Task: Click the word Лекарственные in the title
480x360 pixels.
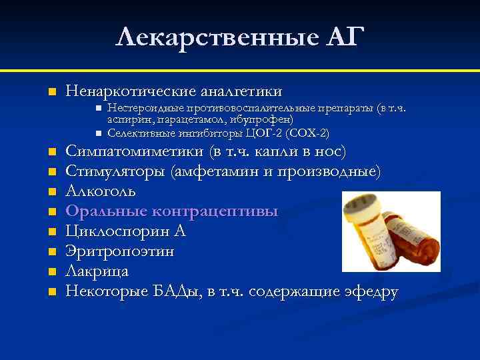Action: [207, 37]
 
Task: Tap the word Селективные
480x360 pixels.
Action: [141, 133]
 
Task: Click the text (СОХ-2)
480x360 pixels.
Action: [307, 133]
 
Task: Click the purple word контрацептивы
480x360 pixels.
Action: [216, 212]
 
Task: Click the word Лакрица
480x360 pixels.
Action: [97, 271]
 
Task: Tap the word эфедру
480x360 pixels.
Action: [370, 291]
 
